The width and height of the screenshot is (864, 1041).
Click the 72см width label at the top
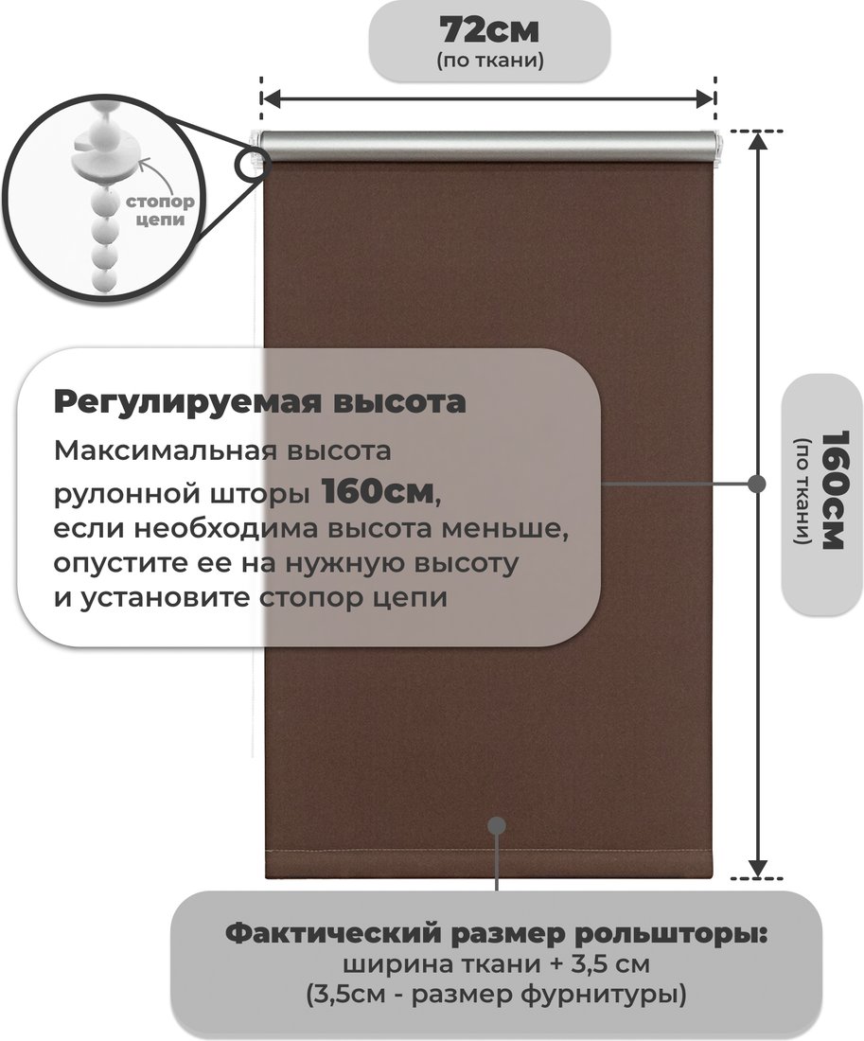(489, 29)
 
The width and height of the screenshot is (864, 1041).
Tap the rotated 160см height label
(835, 490)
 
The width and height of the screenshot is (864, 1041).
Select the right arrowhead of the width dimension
(704, 98)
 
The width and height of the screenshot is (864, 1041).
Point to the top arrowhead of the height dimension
(757, 141)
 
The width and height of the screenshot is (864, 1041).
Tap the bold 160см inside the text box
(378, 492)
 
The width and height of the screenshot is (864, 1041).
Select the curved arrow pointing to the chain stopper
(158, 171)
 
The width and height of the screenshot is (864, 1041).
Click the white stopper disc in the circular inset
(106, 152)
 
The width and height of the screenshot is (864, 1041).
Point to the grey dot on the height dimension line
(756, 484)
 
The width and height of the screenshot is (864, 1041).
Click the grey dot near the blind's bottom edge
(497, 825)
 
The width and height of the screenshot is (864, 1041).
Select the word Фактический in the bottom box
(333, 934)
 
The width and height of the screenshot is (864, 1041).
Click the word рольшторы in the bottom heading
(670, 935)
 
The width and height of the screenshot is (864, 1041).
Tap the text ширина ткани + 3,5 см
(497, 964)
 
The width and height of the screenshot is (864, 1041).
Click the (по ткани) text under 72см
(490, 62)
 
